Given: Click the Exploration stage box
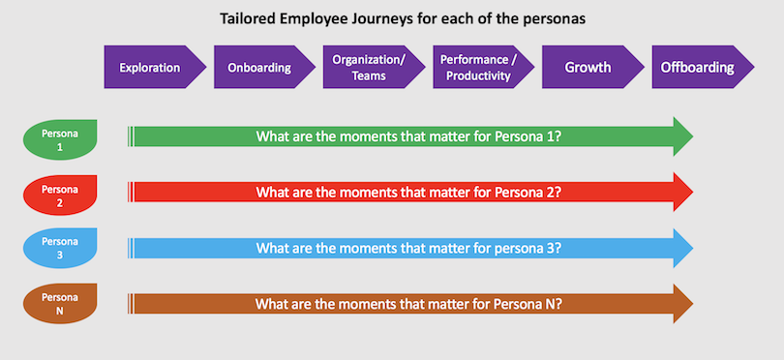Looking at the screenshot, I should (150, 68).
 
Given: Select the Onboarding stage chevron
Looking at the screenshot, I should (259, 68).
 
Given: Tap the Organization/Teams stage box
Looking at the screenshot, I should (368, 68).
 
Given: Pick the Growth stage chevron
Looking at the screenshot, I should (588, 68).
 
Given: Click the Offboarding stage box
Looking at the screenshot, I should (697, 68).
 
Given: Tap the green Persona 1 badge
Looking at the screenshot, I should (60, 137).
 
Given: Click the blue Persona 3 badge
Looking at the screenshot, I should (60, 248).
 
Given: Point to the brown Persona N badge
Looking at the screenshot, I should (60, 303).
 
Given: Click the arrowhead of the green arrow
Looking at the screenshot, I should (679, 136).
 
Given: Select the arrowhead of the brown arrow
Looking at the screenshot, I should (679, 303).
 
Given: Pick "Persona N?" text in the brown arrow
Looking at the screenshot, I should (526, 303).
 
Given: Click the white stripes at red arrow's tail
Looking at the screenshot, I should (131, 192).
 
